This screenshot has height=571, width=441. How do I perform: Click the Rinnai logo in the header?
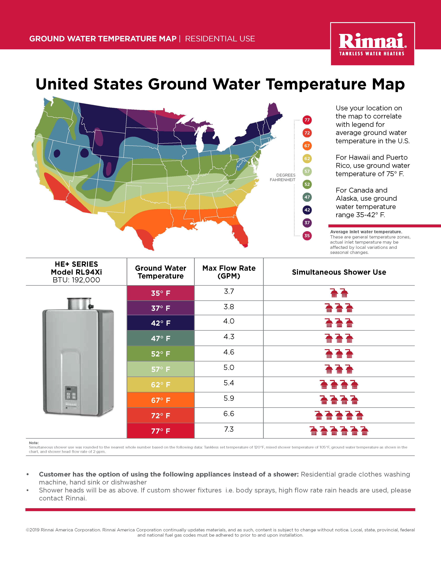pos(372,44)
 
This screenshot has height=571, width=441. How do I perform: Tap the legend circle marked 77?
pos(307,120)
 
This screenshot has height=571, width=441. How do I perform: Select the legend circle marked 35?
pos(307,235)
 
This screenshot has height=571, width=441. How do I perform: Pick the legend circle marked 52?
pos(307,184)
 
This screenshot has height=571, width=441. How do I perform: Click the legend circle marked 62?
pos(307,158)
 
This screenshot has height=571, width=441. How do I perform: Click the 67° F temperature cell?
pos(161,400)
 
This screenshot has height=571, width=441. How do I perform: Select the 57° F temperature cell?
pos(161,369)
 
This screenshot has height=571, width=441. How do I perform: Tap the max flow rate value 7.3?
pos(229,429)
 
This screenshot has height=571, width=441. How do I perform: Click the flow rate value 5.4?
pos(229,383)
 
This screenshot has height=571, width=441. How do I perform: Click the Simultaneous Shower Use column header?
pos(339,272)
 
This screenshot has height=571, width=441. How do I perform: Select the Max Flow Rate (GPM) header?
pos(229,272)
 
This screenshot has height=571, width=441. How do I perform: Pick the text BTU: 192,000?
pos(76,280)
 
